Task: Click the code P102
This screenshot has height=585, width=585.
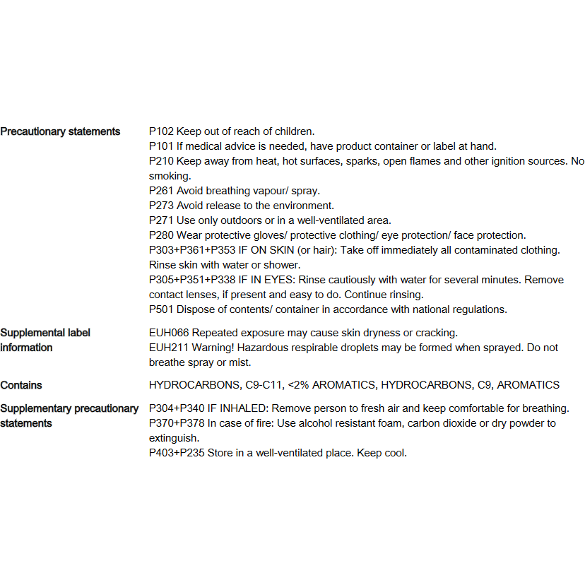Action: [161, 131]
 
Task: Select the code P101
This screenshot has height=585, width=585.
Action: [161, 146]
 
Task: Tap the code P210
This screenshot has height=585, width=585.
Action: [161, 161]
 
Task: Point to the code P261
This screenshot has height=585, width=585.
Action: [161, 191]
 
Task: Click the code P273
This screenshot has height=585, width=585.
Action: [161, 206]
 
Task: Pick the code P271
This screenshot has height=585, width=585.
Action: [161, 220]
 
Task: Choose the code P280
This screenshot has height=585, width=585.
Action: [161, 235]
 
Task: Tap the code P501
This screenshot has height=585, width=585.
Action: [161, 309]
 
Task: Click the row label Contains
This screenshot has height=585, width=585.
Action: [21, 385]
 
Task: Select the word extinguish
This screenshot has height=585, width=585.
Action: [172, 438]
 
